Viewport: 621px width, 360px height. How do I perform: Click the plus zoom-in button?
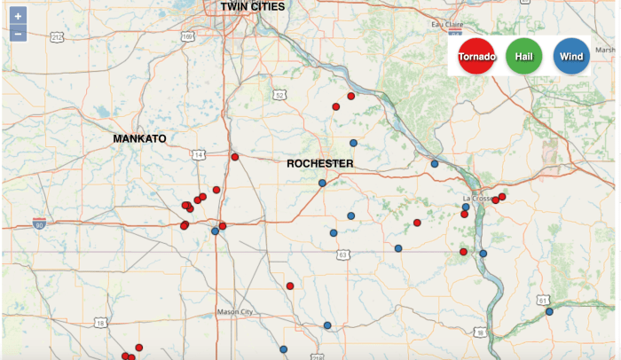(x=18, y=17)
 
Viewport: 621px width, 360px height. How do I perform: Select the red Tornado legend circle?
(x=476, y=58)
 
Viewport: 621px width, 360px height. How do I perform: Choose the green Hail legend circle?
(x=523, y=58)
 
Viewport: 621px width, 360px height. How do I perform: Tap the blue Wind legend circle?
(x=571, y=58)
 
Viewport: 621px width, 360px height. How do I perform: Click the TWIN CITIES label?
(x=253, y=7)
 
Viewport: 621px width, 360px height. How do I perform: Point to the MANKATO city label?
(x=139, y=139)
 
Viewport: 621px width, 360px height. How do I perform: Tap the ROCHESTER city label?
(x=319, y=164)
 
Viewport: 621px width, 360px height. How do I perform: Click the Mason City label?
(x=234, y=313)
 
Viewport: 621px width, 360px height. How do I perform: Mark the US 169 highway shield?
(x=188, y=36)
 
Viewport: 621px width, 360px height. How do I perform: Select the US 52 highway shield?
(x=279, y=95)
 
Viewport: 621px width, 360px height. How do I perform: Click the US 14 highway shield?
(x=197, y=155)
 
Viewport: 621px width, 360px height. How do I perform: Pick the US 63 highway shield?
(x=342, y=254)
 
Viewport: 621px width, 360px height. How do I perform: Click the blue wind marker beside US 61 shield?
(x=549, y=311)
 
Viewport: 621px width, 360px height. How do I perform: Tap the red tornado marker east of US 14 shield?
(x=235, y=157)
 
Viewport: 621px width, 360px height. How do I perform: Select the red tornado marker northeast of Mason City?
(x=290, y=286)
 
